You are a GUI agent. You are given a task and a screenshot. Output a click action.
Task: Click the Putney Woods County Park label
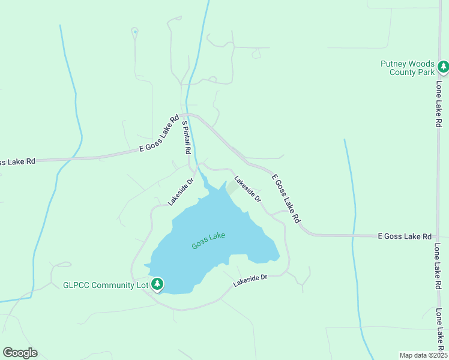pyautogui.click(x=408, y=68)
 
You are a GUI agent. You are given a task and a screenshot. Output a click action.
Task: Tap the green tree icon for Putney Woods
pyautogui.click(x=443, y=67)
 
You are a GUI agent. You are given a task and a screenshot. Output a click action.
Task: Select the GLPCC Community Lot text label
pyautogui.click(x=105, y=285)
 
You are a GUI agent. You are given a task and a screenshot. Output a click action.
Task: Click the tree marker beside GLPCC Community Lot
pyautogui.click(x=157, y=283)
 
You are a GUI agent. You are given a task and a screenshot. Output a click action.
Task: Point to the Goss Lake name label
pyautogui.click(x=208, y=241)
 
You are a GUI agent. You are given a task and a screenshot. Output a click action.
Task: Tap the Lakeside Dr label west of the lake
pyautogui.click(x=181, y=191)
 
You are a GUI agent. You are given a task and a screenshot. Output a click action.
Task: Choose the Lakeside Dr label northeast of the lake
pyautogui.click(x=248, y=188)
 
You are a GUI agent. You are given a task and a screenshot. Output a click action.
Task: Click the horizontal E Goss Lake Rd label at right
pyautogui.click(x=405, y=236)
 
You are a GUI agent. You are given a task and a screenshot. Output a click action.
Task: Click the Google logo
pyautogui.click(x=20, y=353)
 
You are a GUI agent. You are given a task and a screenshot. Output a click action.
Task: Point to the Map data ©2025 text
pyautogui.click(x=423, y=355)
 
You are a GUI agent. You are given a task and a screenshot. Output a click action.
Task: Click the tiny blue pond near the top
pyautogui.click(x=135, y=31)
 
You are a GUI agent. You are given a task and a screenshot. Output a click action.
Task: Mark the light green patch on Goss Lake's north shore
pyautogui.click(x=232, y=188)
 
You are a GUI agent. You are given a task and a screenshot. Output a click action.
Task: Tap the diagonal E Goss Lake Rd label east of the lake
pyautogui.click(x=285, y=199)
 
